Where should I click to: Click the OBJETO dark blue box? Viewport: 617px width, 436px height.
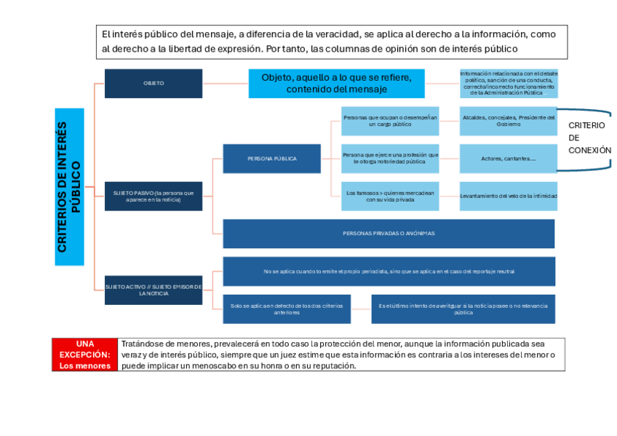154,83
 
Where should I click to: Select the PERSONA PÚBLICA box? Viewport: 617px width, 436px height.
271,158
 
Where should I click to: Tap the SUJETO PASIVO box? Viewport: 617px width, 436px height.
154,196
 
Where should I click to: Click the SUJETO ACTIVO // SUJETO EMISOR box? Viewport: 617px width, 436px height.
154,290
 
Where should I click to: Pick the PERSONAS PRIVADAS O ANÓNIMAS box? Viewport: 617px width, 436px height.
389,234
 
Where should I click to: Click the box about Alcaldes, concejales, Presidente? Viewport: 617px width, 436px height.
508,121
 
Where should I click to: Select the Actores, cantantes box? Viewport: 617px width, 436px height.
508,158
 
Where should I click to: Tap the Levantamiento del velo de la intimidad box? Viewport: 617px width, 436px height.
508,196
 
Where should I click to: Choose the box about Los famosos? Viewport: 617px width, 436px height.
390,196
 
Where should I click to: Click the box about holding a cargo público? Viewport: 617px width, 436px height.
390,121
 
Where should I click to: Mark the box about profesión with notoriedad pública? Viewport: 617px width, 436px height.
390,158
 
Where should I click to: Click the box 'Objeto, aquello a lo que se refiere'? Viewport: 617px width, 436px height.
336,83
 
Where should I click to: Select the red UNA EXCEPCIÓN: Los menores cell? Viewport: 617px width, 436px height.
85,354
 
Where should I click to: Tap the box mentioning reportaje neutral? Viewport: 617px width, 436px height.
389,271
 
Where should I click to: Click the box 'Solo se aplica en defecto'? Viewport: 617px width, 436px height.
287,309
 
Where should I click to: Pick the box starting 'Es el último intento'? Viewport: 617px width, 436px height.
463,309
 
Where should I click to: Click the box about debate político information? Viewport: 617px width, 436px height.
508,83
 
